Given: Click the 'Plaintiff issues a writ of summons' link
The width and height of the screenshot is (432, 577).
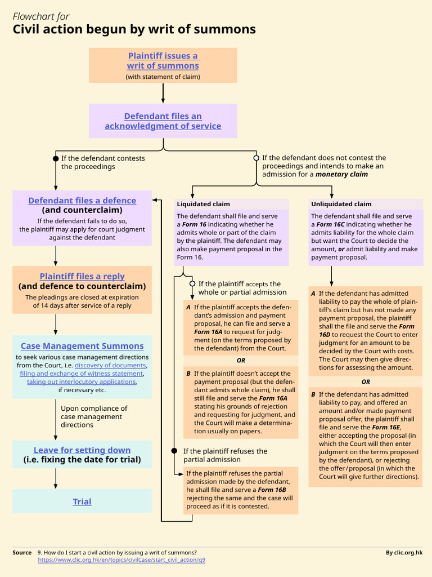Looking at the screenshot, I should (x=163, y=61).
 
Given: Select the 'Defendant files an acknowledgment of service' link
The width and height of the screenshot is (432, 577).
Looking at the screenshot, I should (x=163, y=121).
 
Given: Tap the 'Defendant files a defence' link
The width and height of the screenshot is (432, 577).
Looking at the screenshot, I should (x=82, y=201).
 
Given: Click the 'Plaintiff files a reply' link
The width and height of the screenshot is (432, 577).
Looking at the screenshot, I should (x=82, y=276).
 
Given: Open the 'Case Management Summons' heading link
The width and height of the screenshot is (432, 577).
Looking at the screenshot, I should (x=82, y=346).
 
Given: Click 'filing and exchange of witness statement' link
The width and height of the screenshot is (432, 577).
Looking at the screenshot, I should (x=81, y=374).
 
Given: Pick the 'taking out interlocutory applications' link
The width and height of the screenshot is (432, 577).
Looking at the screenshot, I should (x=81, y=381).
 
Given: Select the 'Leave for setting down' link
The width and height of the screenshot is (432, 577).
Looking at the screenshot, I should (x=82, y=450).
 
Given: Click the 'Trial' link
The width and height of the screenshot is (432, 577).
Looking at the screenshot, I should (x=82, y=501).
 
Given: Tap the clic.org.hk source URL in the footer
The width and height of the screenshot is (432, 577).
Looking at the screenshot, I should (x=121, y=560).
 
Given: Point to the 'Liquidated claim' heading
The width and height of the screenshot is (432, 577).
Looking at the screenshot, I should (x=203, y=204).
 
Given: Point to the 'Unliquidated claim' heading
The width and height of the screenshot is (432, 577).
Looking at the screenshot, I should (x=341, y=204).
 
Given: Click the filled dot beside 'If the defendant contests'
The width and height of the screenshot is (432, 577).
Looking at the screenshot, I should (x=55, y=158).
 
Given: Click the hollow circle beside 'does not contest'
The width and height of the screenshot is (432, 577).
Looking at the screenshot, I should (x=256, y=158).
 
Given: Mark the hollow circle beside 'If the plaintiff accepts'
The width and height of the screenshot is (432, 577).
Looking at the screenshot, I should (x=192, y=284).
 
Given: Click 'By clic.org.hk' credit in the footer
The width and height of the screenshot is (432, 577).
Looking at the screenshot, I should (x=404, y=553).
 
